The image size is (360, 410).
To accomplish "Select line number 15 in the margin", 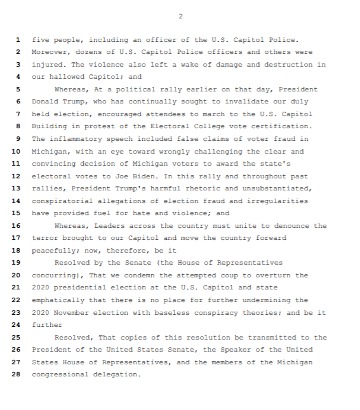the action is pos(17,213).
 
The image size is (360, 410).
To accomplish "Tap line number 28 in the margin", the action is pos(17,374).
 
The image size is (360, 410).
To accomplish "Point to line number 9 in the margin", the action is pos(18,139).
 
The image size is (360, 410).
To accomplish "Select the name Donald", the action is pos(46,102).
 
